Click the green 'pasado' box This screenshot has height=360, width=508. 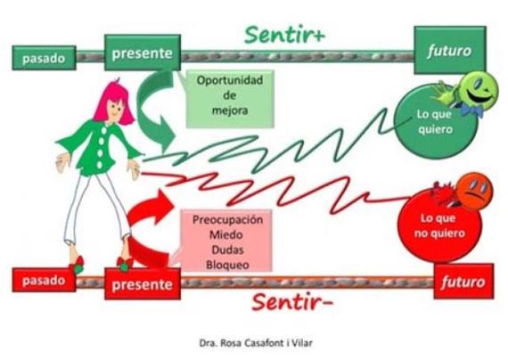click(x=44, y=58)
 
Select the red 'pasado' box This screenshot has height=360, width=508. click(x=44, y=280)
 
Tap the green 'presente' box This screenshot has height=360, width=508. click(x=143, y=53)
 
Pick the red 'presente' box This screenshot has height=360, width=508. click(x=143, y=283)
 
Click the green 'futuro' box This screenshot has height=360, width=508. click(x=450, y=50)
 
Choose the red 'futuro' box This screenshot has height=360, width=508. click(x=463, y=282)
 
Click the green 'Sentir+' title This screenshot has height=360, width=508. click(x=284, y=35)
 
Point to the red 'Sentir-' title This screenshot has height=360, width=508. click(x=292, y=301)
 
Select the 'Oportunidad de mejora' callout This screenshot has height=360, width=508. click(x=230, y=99)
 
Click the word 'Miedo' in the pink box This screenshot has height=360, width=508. click(x=226, y=234)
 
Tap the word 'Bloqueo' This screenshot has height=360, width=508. click(x=227, y=265)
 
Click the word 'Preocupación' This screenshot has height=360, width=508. click(x=227, y=220)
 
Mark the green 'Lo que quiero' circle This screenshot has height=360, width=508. click(x=434, y=122)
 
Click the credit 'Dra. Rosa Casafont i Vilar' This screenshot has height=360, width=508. click(x=256, y=343)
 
